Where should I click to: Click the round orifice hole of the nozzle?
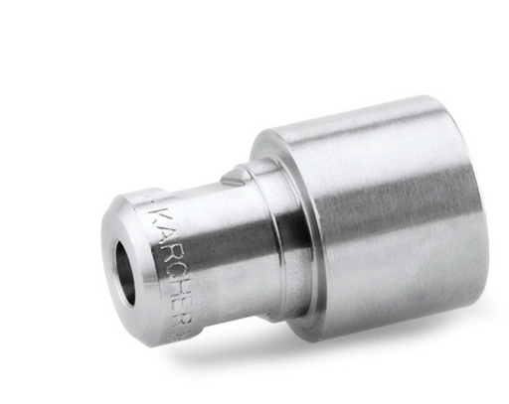(126, 273)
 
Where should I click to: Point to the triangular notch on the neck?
(233, 178)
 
